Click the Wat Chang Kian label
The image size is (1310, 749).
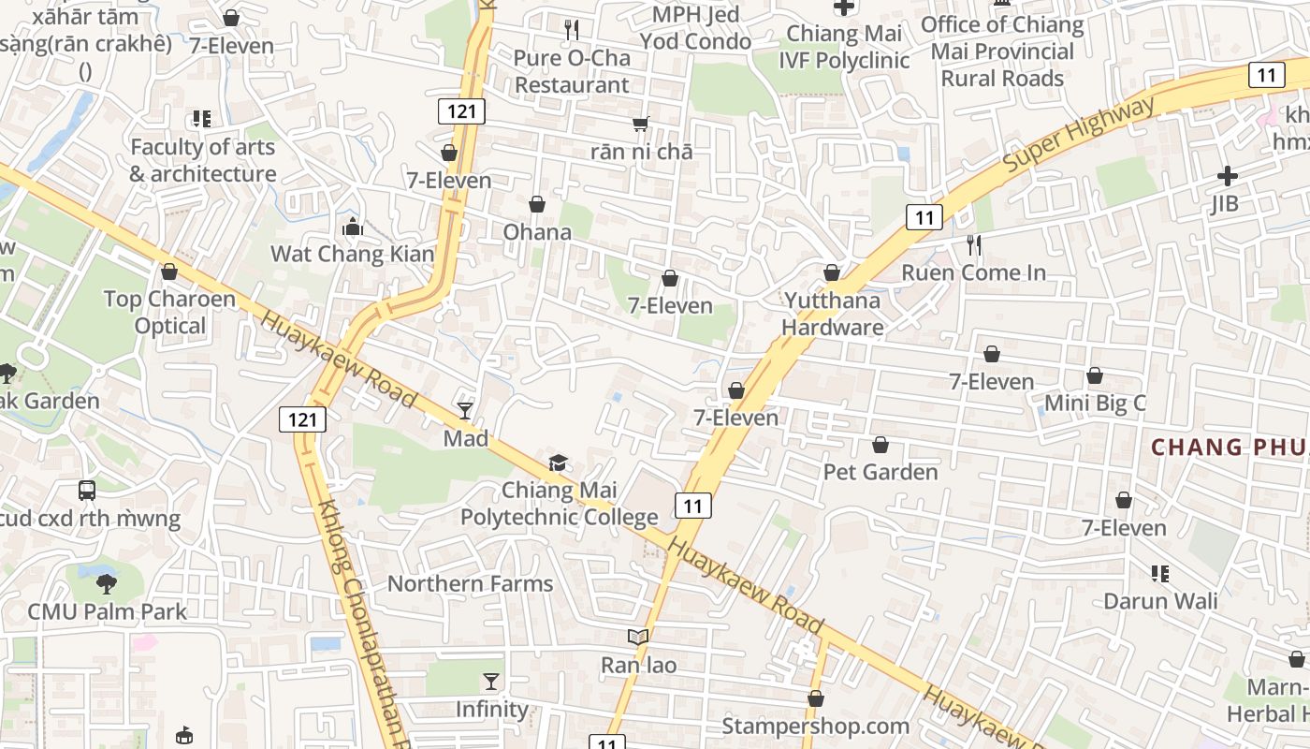point(353,254)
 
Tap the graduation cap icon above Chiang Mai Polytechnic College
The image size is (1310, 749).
point(558,463)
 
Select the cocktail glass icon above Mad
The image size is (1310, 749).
point(465,410)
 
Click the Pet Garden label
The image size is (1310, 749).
point(880,471)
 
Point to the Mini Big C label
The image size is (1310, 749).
point(1094,404)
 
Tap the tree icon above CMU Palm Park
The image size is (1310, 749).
point(107,584)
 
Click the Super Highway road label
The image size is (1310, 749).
point(1078,134)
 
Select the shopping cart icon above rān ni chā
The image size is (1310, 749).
point(641,124)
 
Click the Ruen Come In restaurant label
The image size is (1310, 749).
point(973,272)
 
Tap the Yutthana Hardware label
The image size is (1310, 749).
point(832,314)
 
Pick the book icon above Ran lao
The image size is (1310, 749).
point(638,638)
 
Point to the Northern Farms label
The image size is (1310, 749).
point(470,583)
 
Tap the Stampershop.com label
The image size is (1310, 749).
point(815,726)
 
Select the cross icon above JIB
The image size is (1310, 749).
point(1227,176)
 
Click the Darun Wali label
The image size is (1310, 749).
point(1160,600)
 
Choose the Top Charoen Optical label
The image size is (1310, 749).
point(169,312)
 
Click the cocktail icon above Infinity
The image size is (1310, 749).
point(491,682)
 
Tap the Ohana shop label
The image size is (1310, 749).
point(537,231)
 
